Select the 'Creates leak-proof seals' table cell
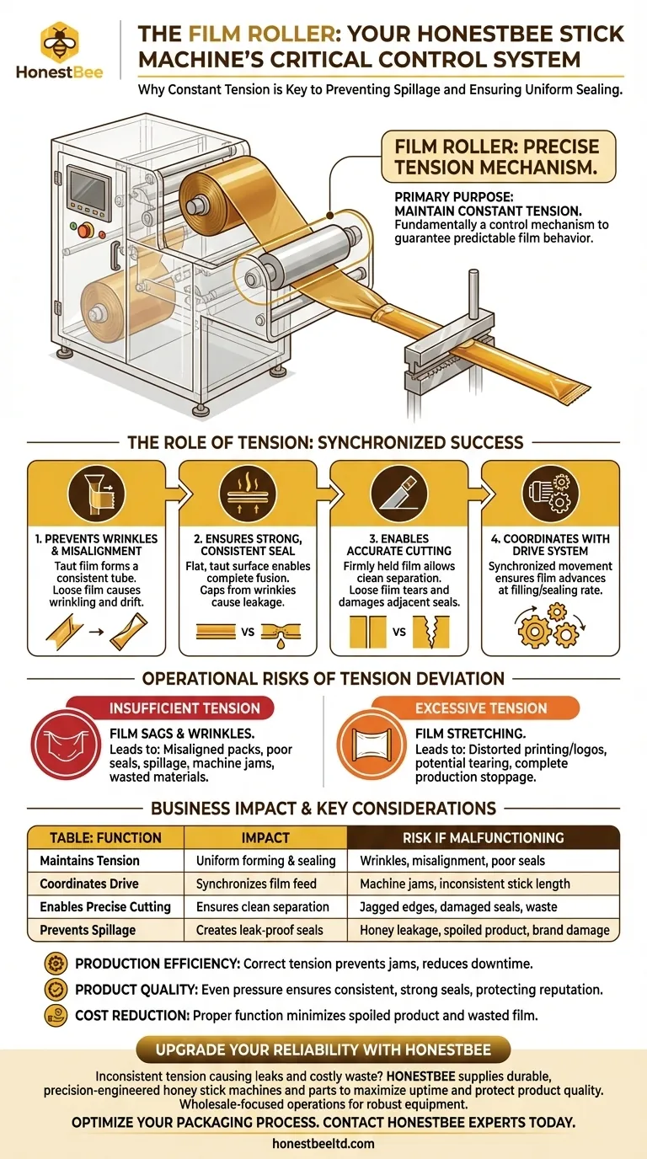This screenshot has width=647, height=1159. (263, 930)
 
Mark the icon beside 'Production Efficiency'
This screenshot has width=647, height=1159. (58, 963)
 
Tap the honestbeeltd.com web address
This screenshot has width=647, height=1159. (323, 1144)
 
